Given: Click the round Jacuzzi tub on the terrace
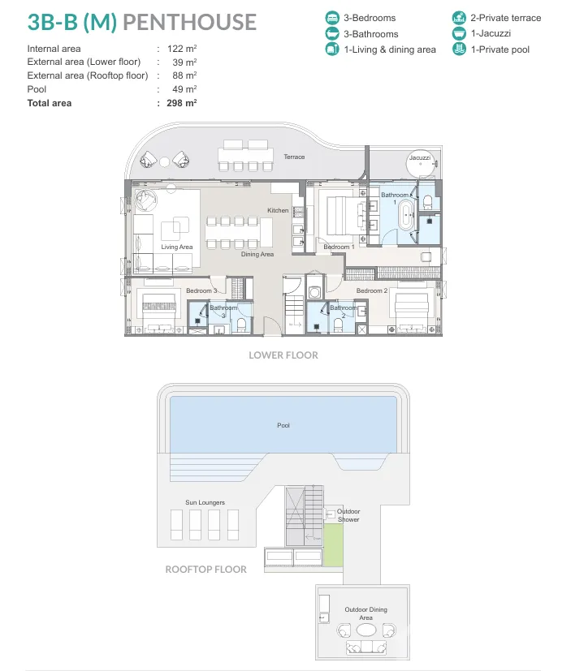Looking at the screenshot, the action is pos(420,164).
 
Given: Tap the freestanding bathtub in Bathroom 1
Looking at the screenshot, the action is pos(405,216).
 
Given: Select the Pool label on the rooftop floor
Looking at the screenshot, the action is pos(283,425).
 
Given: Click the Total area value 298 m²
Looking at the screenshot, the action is pos(182,103).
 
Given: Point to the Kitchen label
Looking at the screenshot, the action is pos(278,210).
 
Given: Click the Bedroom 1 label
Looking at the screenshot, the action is pos(339,247).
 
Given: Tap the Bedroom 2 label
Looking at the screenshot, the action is pos(372,290).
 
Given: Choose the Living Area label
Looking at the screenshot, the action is pos(177,247).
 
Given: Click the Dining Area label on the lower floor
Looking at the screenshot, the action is pos(257,254).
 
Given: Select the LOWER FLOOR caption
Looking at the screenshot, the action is pos(283,355).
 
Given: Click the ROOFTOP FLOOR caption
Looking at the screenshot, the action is pos(206,570).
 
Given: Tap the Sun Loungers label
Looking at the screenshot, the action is pos(205,502).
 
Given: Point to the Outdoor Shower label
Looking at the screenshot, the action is pos(348,515).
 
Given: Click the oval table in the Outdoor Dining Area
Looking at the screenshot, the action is pos(366,630).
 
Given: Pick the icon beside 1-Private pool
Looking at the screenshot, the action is pos(459,49).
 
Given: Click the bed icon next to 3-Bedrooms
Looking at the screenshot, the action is pos(332,18).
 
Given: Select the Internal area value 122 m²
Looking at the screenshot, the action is pos(182,49).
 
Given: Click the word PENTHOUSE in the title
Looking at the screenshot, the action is pos(190,22).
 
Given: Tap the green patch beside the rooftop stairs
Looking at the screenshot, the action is pos(333,544).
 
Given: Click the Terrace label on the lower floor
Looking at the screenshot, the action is pos(294,157).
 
